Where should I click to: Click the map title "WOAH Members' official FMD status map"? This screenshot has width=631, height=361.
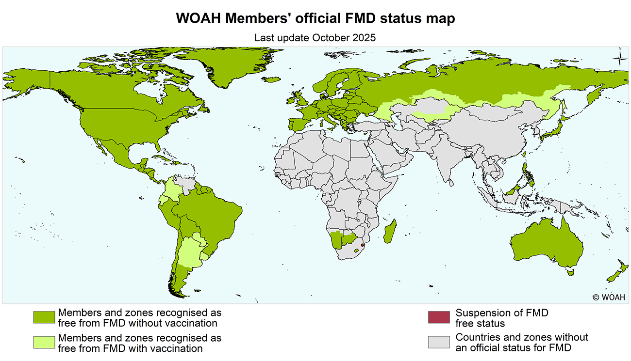[x=315, y=18]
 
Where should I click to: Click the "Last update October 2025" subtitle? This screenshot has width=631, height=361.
[x=315, y=37]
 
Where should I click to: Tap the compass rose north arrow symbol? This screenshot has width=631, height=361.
[x=619, y=58]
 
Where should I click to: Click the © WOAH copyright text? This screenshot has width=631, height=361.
[x=609, y=297]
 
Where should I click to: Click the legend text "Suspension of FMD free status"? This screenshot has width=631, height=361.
[x=501, y=318]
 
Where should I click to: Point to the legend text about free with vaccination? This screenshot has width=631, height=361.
[x=139, y=343]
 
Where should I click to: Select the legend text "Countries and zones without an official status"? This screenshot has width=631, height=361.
[x=521, y=342]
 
